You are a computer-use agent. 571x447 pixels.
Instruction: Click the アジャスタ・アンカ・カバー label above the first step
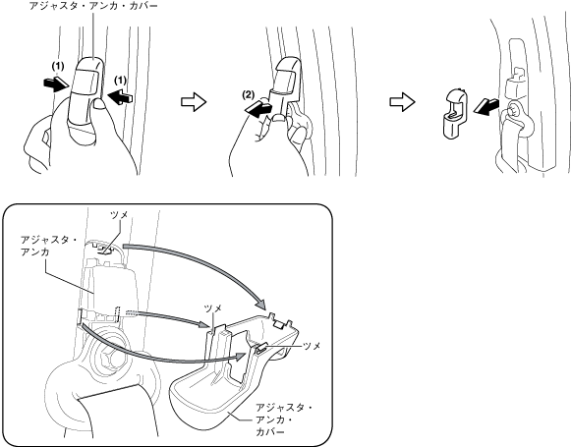tap(93, 6)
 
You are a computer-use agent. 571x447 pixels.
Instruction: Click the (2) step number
tap(248, 95)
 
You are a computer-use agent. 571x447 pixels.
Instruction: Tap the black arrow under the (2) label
tap(257, 109)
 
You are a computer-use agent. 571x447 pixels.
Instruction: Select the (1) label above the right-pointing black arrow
tap(58, 66)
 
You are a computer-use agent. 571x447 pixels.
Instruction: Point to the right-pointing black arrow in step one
tap(56, 84)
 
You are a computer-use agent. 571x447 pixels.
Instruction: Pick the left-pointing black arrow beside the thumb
tap(120, 97)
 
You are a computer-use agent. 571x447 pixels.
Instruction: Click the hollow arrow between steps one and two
tap(194, 102)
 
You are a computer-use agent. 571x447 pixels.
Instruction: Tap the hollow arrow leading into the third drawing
tap(402, 101)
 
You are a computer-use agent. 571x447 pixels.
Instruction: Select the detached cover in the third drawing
tap(455, 113)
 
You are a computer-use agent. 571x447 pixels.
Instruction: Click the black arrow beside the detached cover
tap(485, 106)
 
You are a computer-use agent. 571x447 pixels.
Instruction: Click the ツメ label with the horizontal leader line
tap(312, 346)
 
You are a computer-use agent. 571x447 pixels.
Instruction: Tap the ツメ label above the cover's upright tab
tap(213, 308)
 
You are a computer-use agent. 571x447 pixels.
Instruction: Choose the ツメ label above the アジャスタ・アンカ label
tap(120, 215)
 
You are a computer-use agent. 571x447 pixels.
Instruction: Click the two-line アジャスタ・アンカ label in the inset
tap(49, 246)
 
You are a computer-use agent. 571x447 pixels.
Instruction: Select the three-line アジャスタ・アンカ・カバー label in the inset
tap(284, 419)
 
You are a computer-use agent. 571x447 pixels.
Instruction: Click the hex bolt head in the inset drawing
tap(109, 354)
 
